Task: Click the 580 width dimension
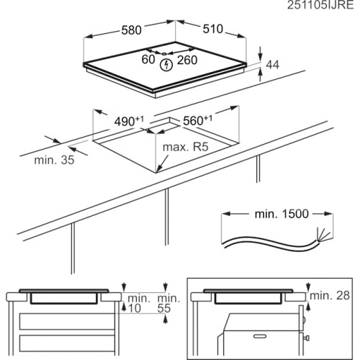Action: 131,30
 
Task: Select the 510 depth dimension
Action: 213,29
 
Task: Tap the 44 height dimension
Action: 273,65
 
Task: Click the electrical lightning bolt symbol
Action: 166,65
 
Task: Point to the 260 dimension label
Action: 187,60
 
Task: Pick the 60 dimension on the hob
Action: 148,59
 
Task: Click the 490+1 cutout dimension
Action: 129,121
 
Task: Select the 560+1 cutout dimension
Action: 198,120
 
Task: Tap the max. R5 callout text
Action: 186,147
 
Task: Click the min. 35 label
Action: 54,160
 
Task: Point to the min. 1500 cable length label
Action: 282,214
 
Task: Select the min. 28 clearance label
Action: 330,295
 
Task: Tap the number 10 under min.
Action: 135,308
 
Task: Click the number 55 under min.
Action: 164,308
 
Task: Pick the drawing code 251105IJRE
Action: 320,5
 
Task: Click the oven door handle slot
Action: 260,336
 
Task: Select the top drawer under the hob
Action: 67,322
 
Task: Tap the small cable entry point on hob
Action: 163,54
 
